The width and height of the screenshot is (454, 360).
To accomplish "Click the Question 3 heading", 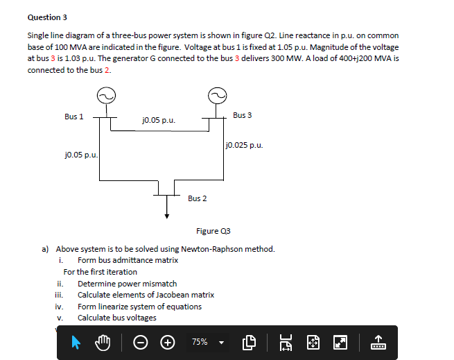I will coord(47,17).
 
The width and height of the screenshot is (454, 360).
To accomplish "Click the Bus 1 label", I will coord(73,117).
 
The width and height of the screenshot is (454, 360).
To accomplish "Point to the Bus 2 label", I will coord(197,198).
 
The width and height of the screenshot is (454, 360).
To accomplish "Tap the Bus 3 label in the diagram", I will coord(243,114).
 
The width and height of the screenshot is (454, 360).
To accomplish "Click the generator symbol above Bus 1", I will coord(107,96).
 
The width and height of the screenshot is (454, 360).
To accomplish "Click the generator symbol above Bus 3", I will coord(216,96).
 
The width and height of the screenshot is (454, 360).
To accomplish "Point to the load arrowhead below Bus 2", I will coord(166,215).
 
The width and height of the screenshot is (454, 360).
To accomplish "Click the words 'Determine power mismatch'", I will coord(127,284).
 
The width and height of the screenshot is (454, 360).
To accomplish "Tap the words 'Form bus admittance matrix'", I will coord(128,260).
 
